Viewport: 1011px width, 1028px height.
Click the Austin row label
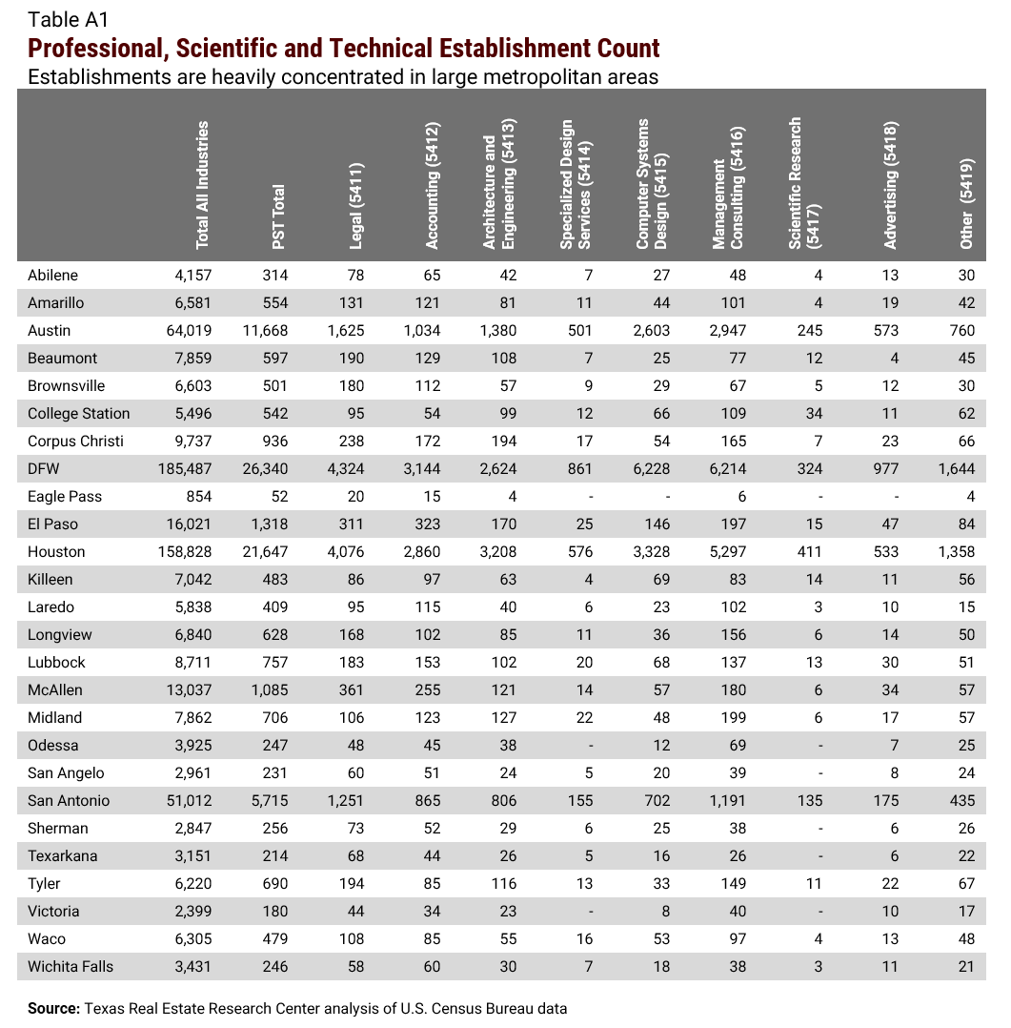click(50, 331)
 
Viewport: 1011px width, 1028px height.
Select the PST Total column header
click(278, 217)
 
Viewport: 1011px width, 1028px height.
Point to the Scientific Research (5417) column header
click(802, 183)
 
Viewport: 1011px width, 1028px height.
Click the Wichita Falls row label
click(71, 967)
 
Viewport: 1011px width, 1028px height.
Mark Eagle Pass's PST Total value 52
click(278, 497)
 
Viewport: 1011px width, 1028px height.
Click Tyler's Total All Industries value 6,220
click(192, 884)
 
